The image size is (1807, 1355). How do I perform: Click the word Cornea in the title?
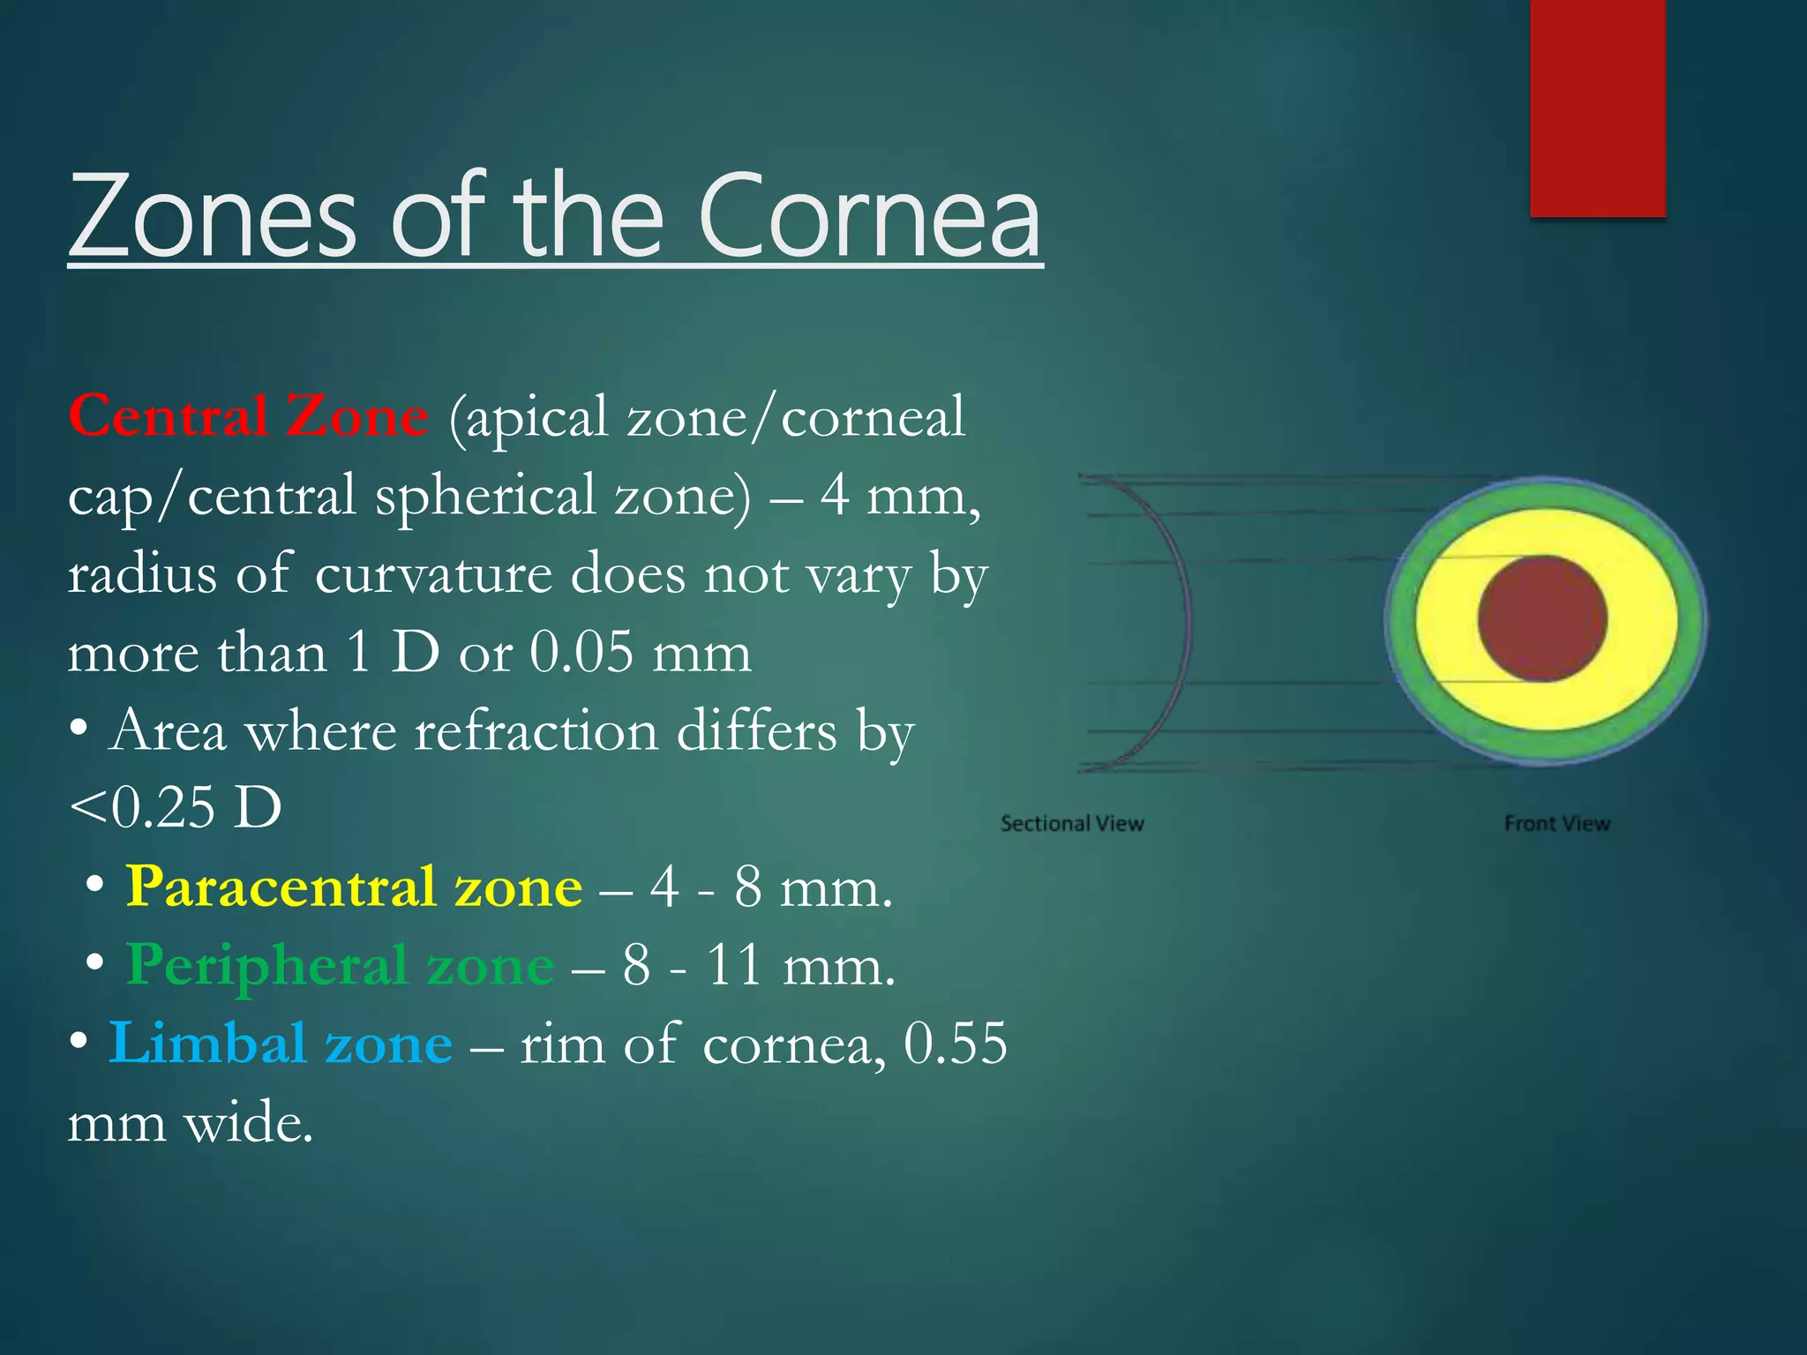pos(869,216)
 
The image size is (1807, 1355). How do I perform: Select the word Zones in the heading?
pos(212,216)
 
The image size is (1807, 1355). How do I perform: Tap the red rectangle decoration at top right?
pos(1597,106)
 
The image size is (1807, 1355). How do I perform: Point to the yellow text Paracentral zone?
pos(354,887)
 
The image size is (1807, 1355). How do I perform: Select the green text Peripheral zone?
pos(340,965)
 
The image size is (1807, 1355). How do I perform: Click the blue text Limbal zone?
pos(280,1044)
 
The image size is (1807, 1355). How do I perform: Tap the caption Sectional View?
pos(1072,824)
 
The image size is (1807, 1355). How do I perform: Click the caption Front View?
pos(1557,824)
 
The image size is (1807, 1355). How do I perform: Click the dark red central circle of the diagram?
pos(1542,618)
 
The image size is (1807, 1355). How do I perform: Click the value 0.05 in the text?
pos(581,654)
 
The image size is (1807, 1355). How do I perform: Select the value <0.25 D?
pos(175,807)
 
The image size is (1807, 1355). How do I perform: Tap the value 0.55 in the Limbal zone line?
pos(956,1044)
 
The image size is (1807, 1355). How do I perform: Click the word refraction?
pos(536,731)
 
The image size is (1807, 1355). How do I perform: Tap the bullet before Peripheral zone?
pos(95,963)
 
